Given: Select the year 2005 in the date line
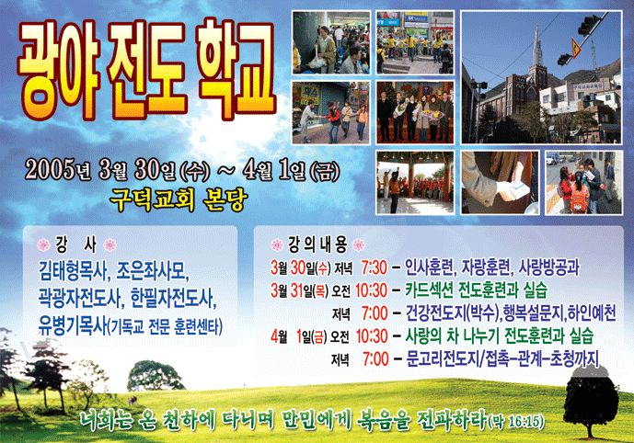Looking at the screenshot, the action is [50, 169].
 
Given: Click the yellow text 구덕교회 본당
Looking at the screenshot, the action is [179, 199].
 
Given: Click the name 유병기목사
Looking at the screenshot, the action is [72, 326].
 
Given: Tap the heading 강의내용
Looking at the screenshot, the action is [317, 244].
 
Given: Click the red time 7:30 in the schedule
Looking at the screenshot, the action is [374, 267].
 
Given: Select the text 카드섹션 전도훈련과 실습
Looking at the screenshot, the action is [477, 290].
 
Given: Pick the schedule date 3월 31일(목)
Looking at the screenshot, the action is [300, 290].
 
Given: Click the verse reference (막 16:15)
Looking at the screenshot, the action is [516, 422].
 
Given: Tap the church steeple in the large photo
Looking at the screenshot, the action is [537, 49].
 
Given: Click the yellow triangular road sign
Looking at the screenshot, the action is [575, 47].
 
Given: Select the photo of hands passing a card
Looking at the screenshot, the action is [500, 183].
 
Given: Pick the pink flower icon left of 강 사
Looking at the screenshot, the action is [43, 244].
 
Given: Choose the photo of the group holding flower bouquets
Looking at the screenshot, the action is [415, 112].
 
